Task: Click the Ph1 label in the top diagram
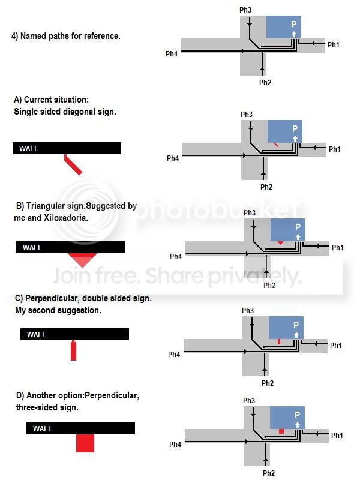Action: (x=334, y=44)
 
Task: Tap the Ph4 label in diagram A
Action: (x=173, y=158)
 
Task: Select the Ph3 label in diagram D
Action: (x=249, y=400)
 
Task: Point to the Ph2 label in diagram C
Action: (x=268, y=383)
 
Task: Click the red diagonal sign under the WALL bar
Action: (x=73, y=164)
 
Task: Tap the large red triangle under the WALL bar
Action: (x=83, y=260)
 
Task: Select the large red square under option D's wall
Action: (x=85, y=443)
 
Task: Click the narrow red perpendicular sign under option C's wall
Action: (x=73, y=350)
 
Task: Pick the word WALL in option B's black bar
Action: (x=32, y=247)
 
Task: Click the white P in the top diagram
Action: (x=293, y=24)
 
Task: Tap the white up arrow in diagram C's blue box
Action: (x=296, y=335)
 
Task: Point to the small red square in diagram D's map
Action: (x=281, y=431)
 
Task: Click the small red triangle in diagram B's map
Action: (x=280, y=242)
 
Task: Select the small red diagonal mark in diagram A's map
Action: (x=276, y=145)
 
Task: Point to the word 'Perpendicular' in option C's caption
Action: (x=52, y=298)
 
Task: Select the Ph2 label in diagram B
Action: (x=269, y=285)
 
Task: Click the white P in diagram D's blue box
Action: (x=297, y=415)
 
